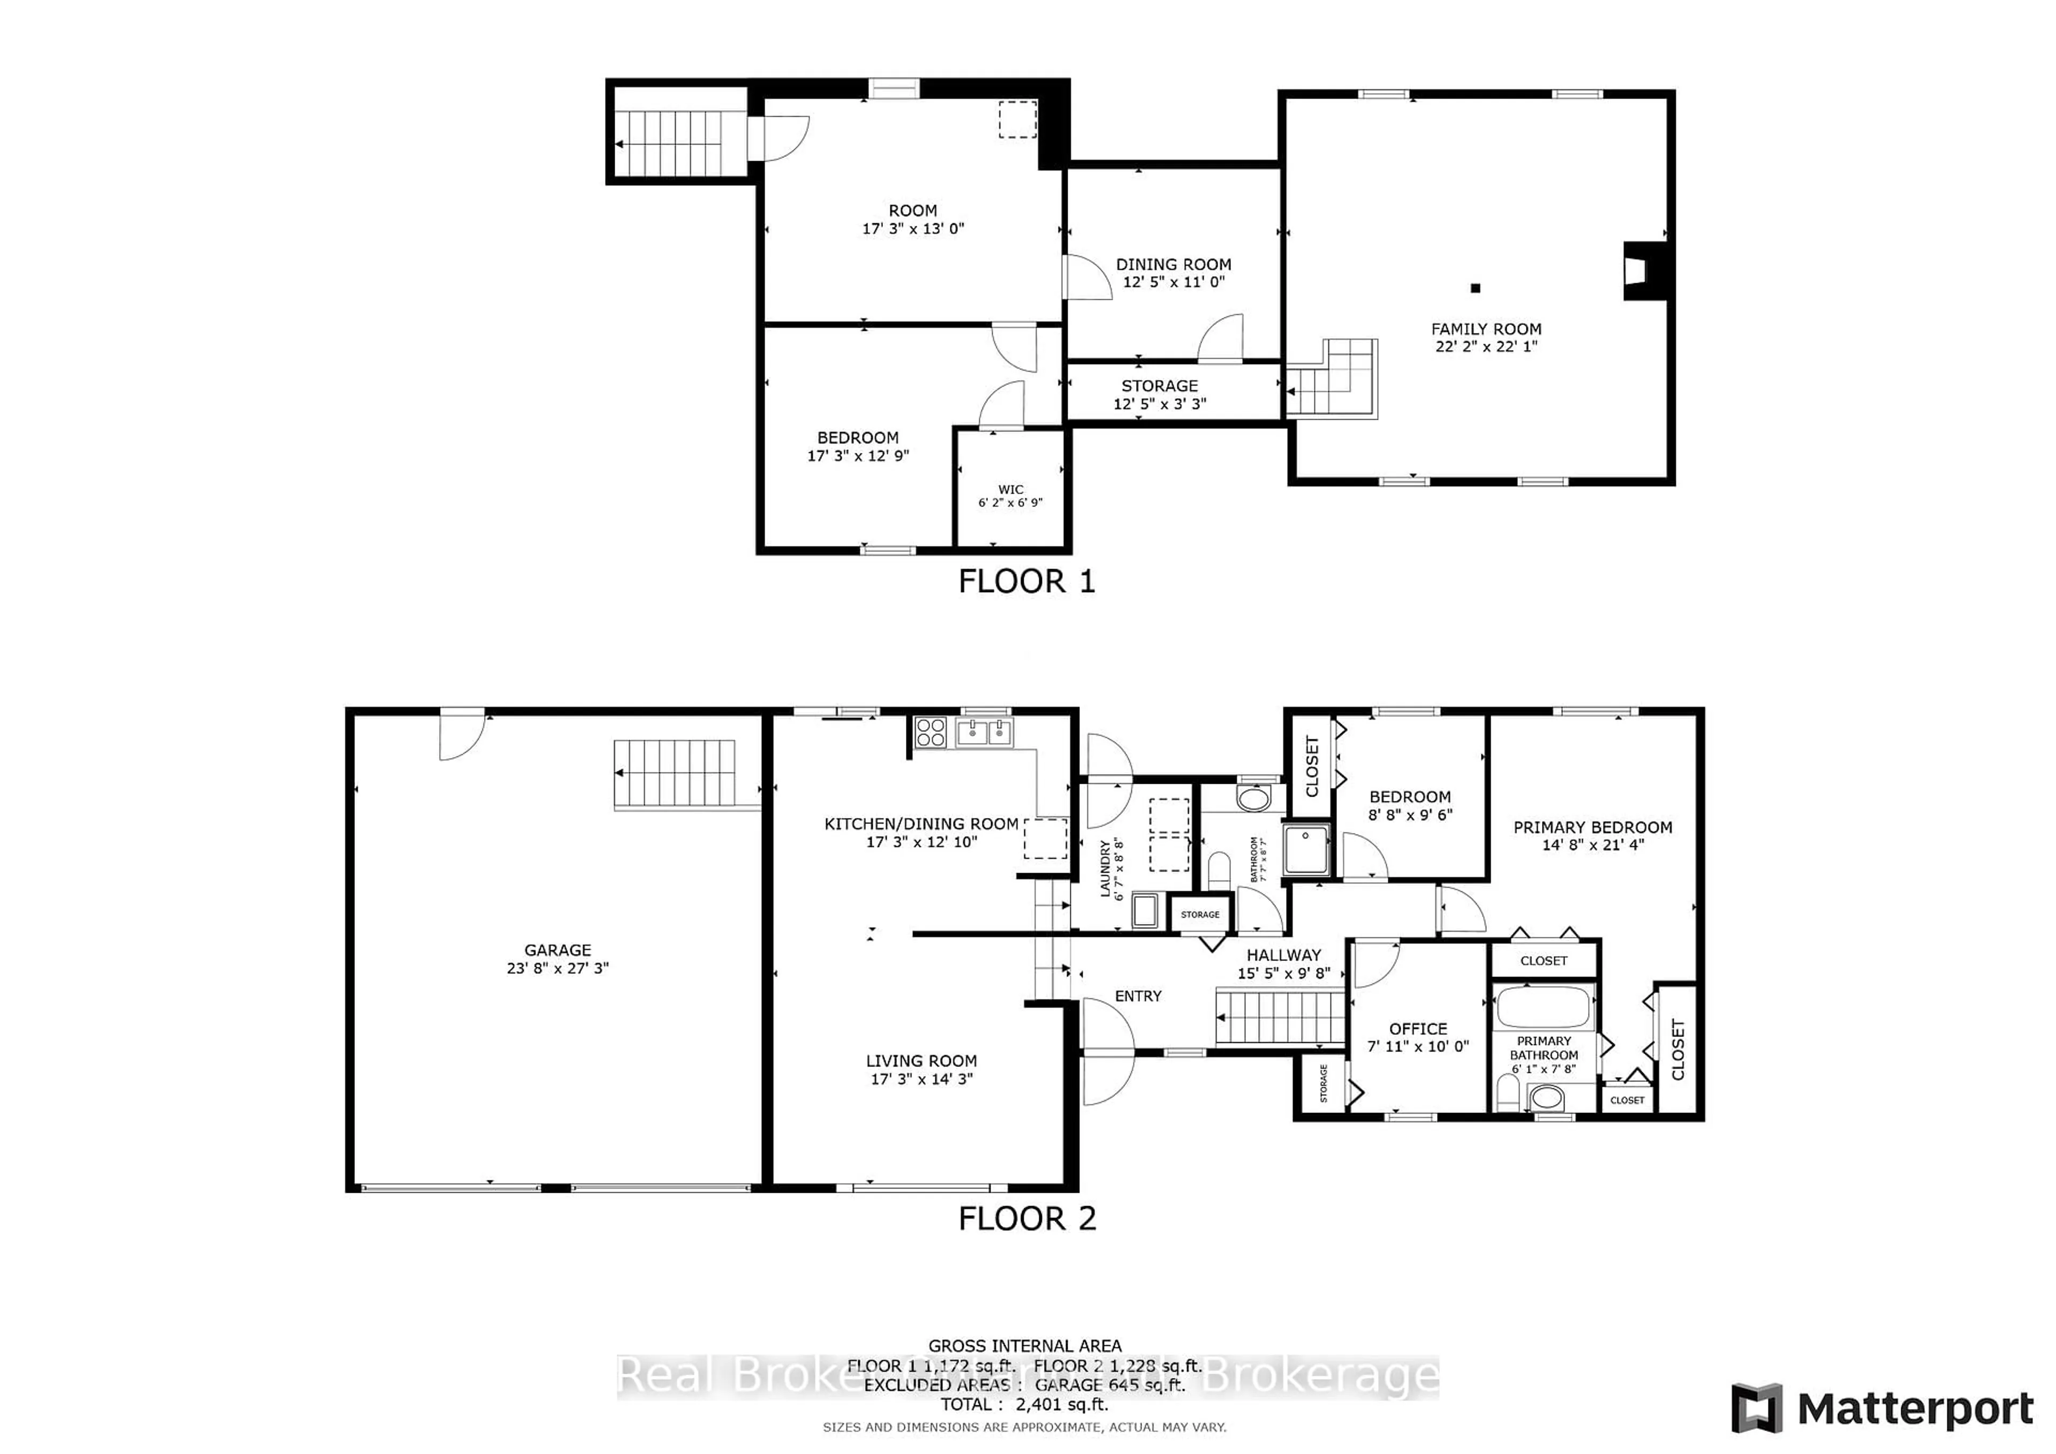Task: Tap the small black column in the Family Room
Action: pos(1476,289)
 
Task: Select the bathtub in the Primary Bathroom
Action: pos(1543,1006)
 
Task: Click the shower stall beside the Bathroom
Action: pos(1306,849)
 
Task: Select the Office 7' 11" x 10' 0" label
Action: pos(1418,1037)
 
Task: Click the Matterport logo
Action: pos(1883,1408)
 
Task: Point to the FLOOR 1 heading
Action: pos(1026,582)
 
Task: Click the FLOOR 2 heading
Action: pos(1026,1218)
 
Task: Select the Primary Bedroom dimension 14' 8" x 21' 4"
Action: pos(1593,844)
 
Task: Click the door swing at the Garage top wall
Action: pos(460,736)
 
